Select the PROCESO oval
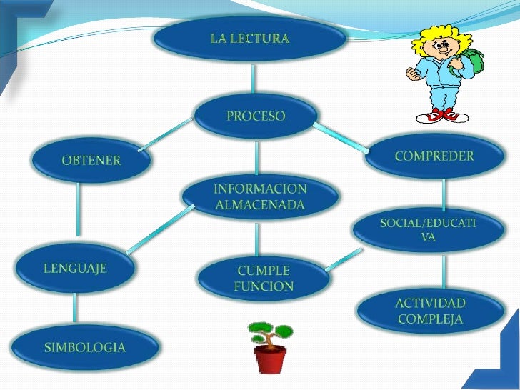coord(255,116)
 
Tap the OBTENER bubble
coord(91,160)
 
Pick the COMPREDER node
coord(434,156)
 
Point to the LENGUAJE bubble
coord(75,269)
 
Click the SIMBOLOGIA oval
coord(84,348)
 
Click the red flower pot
coord(270,358)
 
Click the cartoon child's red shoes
coord(443,114)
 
